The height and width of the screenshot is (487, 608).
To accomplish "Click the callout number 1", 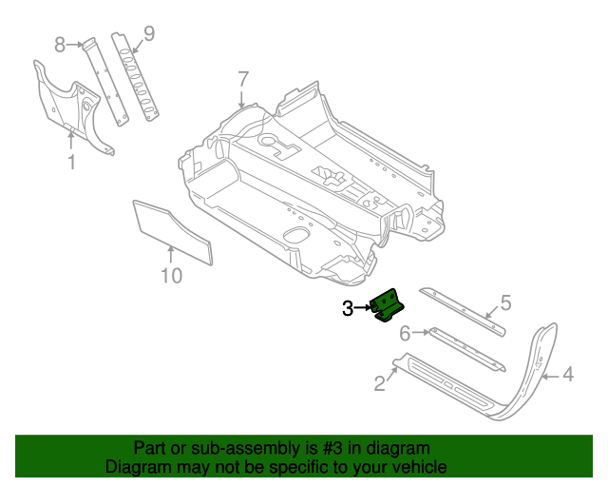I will coord(71,163).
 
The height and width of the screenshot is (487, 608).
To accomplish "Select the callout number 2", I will coord(380,383).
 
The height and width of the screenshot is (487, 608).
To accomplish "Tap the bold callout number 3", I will coord(348,307).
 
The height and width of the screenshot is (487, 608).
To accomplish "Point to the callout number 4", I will coord(567,375).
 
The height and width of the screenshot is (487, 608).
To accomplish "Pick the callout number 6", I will coord(404,333).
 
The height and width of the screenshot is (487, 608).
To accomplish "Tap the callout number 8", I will coord(60,44).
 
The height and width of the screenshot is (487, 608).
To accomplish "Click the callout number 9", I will coord(148,34).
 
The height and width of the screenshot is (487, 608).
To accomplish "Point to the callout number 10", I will coord(170,276).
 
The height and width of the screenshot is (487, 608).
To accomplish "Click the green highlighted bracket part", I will coord(389,306).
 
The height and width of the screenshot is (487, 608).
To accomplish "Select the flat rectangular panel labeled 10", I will coord(171,229).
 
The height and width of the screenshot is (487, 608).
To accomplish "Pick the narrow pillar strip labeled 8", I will coord(103,80).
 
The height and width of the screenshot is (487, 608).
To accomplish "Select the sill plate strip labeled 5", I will coord(463,306).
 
